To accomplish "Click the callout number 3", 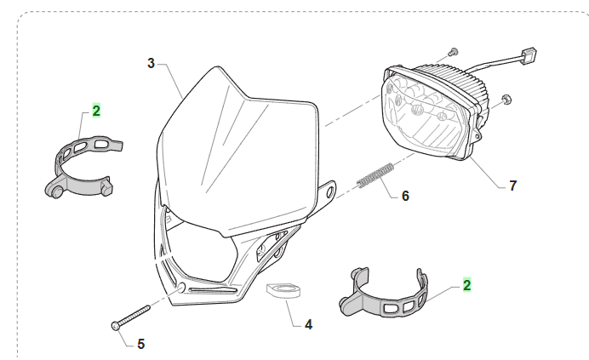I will click(151, 63).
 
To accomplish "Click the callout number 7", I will click(512, 185).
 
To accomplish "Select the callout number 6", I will click(405, 196).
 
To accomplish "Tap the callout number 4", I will click(308, 324).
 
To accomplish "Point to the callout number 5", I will click(140, 344).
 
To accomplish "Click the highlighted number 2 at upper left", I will click(96, 111).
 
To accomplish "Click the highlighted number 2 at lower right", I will click(466, 285).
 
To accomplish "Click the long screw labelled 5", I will click(130, 316).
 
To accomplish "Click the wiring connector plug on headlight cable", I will click(527, 59).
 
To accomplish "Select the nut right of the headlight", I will click(507, 100).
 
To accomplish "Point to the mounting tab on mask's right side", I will click(326, 191).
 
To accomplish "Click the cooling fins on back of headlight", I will click(464, 80).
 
